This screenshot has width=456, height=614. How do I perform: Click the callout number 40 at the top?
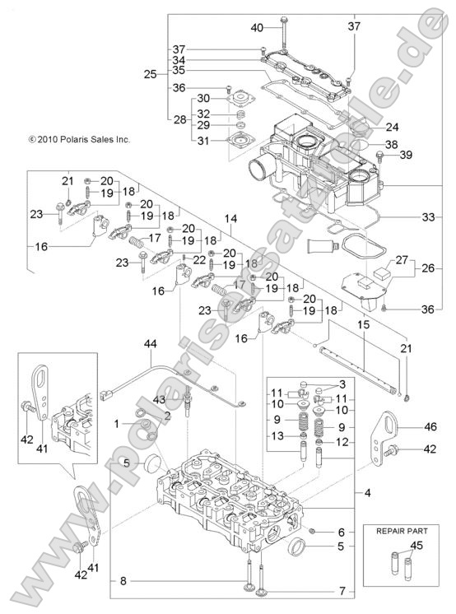pos(258,27)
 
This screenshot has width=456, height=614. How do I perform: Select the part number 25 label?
pos(149,74)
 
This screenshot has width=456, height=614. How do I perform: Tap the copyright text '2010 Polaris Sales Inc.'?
pos(79,140)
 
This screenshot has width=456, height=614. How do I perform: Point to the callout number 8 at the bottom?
pos(123,581)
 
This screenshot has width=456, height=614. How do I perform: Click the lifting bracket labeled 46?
pos(378,432)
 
